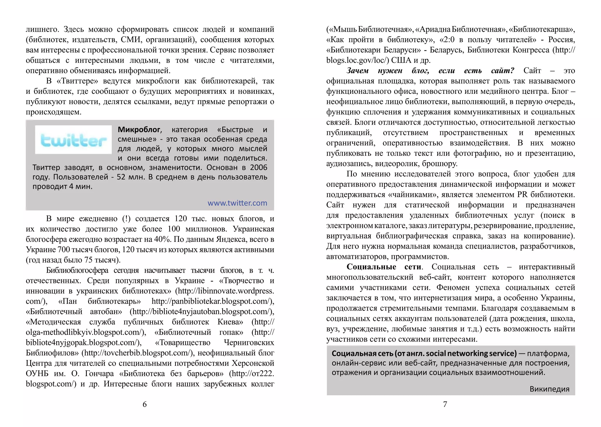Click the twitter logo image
(x=73, y=140)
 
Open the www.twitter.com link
(x=237, y=203)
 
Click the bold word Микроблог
(x=139, y=130)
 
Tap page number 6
(x=144, y=404)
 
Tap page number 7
(x=445, y=404)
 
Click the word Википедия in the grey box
(x=549, y=389)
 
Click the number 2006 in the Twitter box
(x=259, y=168)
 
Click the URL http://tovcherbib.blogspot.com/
(x=138, y=353)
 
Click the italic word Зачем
(x=357, y=71)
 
